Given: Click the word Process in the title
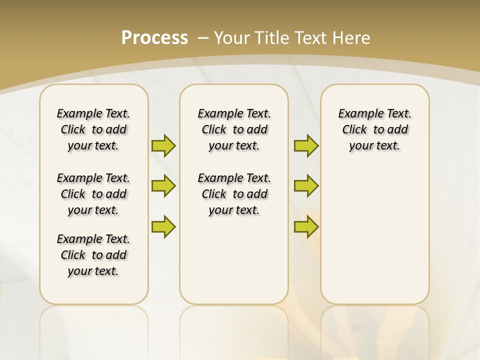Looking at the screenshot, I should pyautogui.click(x=154, y=37).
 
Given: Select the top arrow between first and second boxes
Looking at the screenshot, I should pyautogui.click(x=163, y=145).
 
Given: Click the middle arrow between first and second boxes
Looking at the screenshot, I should pyautogui.click(x=163, y=186).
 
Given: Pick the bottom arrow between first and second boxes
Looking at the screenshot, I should pyautogui.click(x=163, y=226).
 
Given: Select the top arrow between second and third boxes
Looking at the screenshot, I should pyautogui.click(x=306, y=145).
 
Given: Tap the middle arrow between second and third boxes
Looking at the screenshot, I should pyautogui.click(x=306, y=186).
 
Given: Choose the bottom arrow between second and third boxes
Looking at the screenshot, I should pyautogui.click(x=306, y=226).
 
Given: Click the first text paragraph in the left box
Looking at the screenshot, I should pyautogui.click(x=93, y=129).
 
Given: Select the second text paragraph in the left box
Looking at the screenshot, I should pyautogui.click(x=93, y=194).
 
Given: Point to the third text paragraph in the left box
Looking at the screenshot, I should pyautogui.click(x=93, y=255).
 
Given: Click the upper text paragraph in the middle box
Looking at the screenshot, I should pyautogui.click(x=234, y=129).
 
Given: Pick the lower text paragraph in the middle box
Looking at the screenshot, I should pyautogui.click(x=234, y=194).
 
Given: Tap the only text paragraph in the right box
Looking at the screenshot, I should pyautogui.click(x=375, y=129).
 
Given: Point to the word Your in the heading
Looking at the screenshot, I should pyautogui.click(x=232, y=37).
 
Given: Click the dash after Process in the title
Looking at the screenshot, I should pyautogui.click(x=203, y=38).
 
